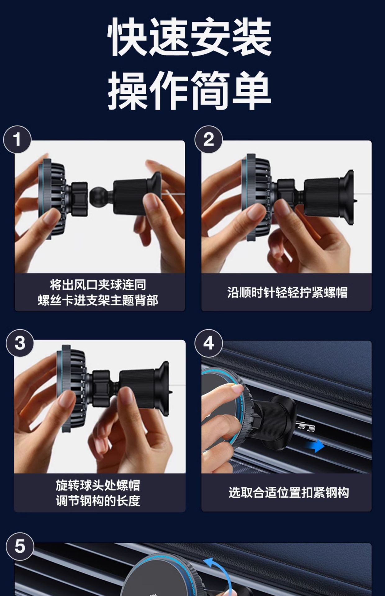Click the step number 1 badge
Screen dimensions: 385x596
tap(17, 139)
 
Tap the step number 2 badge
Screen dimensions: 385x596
tap(209, 139)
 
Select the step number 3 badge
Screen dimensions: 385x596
tap(20, 343)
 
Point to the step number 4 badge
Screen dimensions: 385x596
tap(209, 343)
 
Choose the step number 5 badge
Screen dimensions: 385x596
tap(20, 546)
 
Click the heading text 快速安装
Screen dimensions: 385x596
tap(190, 37)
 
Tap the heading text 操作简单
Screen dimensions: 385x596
tap(190, 90)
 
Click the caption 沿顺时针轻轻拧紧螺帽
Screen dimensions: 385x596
tap(287, 292)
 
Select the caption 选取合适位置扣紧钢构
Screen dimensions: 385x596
tap(289, 493)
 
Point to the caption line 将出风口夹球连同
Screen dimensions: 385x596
tap(98, 285)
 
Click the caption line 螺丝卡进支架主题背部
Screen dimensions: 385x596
tap(98, 300)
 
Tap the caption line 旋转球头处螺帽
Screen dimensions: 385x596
tap(98, 485)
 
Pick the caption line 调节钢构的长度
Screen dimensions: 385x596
tap(98, 501)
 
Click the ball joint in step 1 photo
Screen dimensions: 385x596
tap(97, 194)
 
